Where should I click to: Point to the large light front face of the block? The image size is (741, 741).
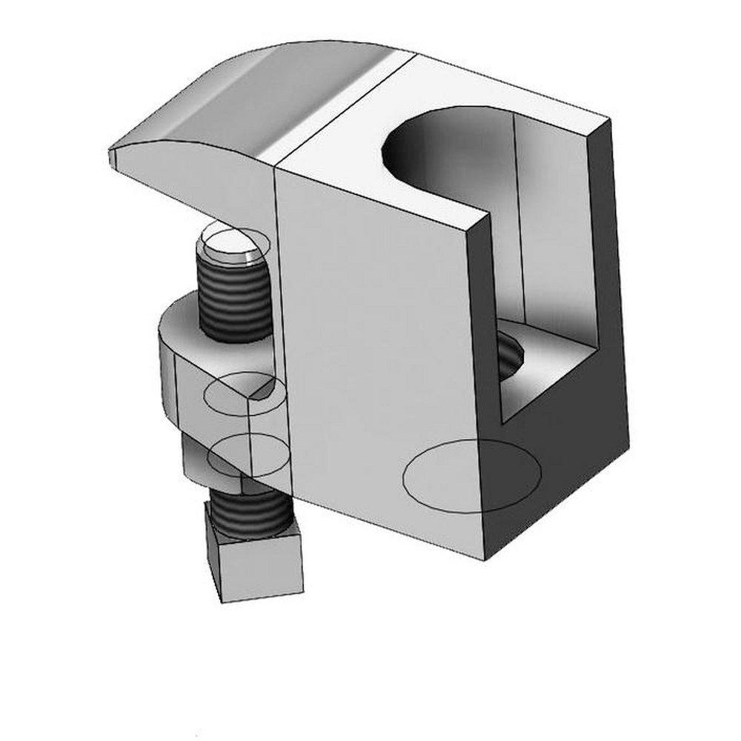point(378,333)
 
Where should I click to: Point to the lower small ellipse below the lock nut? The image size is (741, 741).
point(247,456)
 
